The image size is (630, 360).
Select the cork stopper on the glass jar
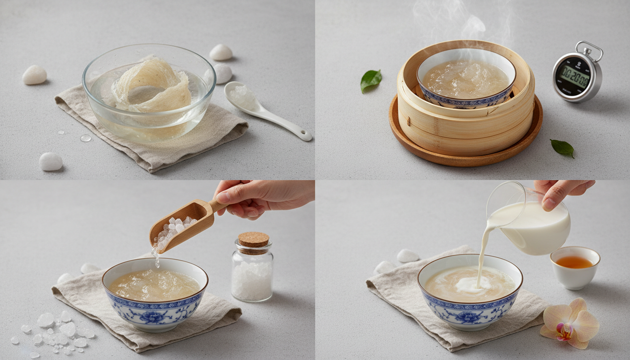click(253, 240)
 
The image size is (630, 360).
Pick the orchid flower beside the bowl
click(570, 323)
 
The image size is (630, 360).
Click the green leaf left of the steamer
click(370, 80)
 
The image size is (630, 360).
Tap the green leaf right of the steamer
click(562, 148)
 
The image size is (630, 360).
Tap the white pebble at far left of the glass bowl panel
click(35, 75)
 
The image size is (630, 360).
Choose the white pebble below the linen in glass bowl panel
click(51, 162)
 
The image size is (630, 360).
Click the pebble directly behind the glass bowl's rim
click(221, 52)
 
